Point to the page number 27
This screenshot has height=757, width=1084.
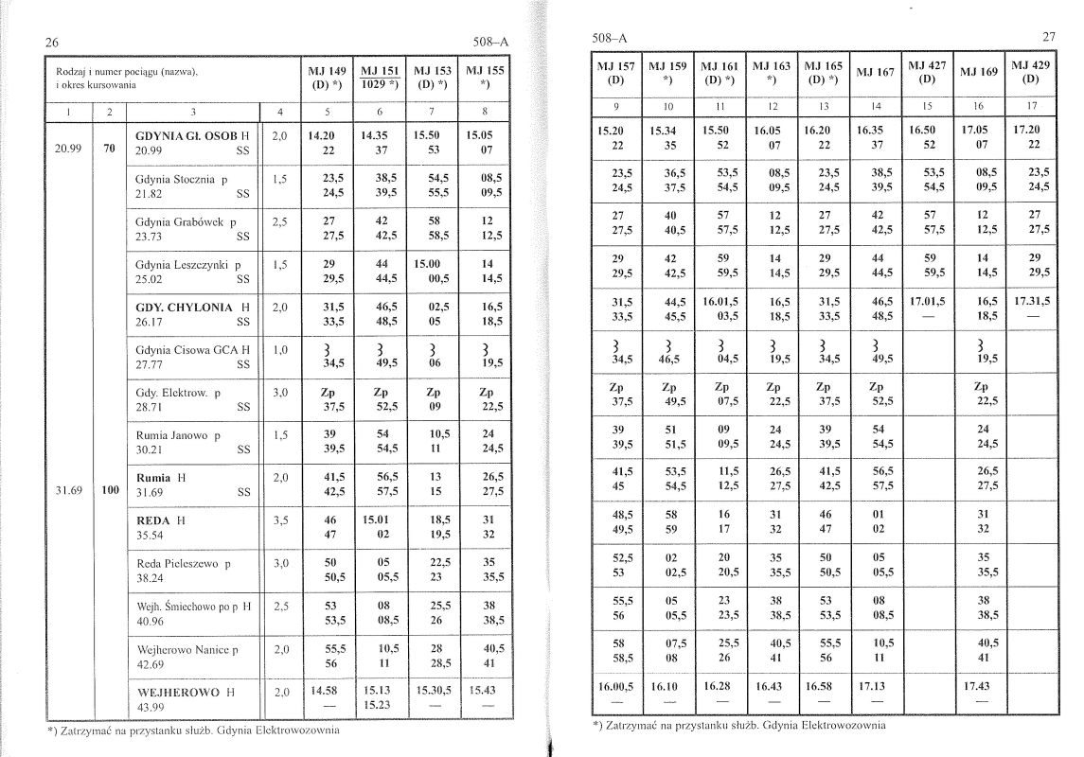point(1048,37)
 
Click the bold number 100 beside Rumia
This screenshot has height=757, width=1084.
point(110,491)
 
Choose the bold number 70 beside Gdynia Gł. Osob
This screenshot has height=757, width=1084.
point(110,149)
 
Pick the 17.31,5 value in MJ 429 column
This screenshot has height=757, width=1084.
point(1031,300)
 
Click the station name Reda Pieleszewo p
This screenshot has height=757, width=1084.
point(184,563)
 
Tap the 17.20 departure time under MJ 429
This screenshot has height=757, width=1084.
point(1031,127)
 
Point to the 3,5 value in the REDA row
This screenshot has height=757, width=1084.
point(279,520)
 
